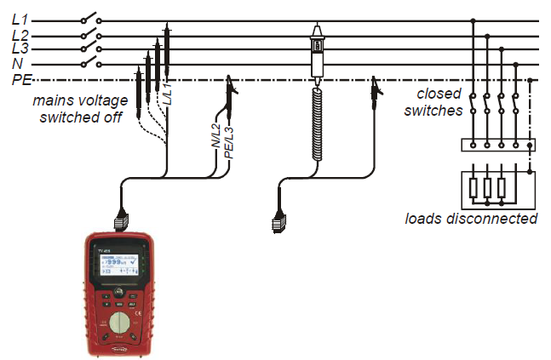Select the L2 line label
20,35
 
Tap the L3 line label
20,49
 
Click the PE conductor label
21,80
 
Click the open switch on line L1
90,19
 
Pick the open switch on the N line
90,63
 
